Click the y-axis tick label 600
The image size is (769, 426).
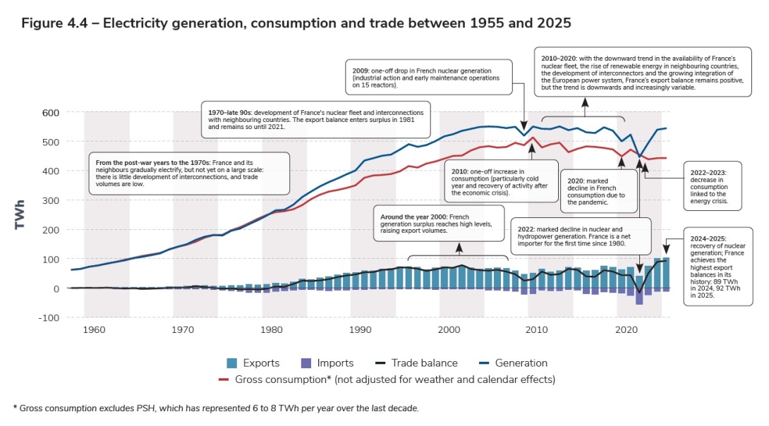51,112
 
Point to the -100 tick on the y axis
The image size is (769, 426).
49,318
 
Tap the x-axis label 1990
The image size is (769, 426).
361,329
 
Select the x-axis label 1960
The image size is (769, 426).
94,329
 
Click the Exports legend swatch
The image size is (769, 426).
231,363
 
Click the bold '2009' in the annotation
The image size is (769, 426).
360,71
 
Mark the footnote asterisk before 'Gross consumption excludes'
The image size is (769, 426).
15,408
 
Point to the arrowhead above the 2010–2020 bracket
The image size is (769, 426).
585,102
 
